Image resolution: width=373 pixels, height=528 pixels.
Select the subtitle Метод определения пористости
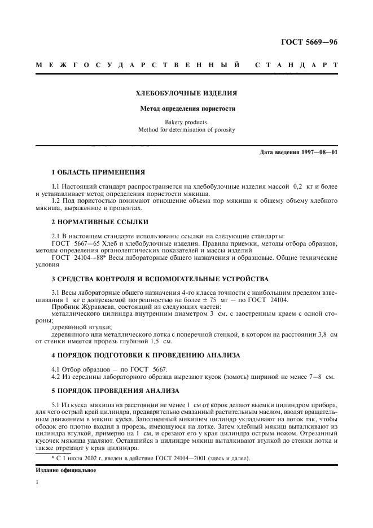187,108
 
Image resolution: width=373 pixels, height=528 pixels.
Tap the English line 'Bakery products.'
187,122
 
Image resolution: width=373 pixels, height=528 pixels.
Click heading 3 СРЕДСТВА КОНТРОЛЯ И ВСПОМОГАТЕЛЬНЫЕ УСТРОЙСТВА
156,278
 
